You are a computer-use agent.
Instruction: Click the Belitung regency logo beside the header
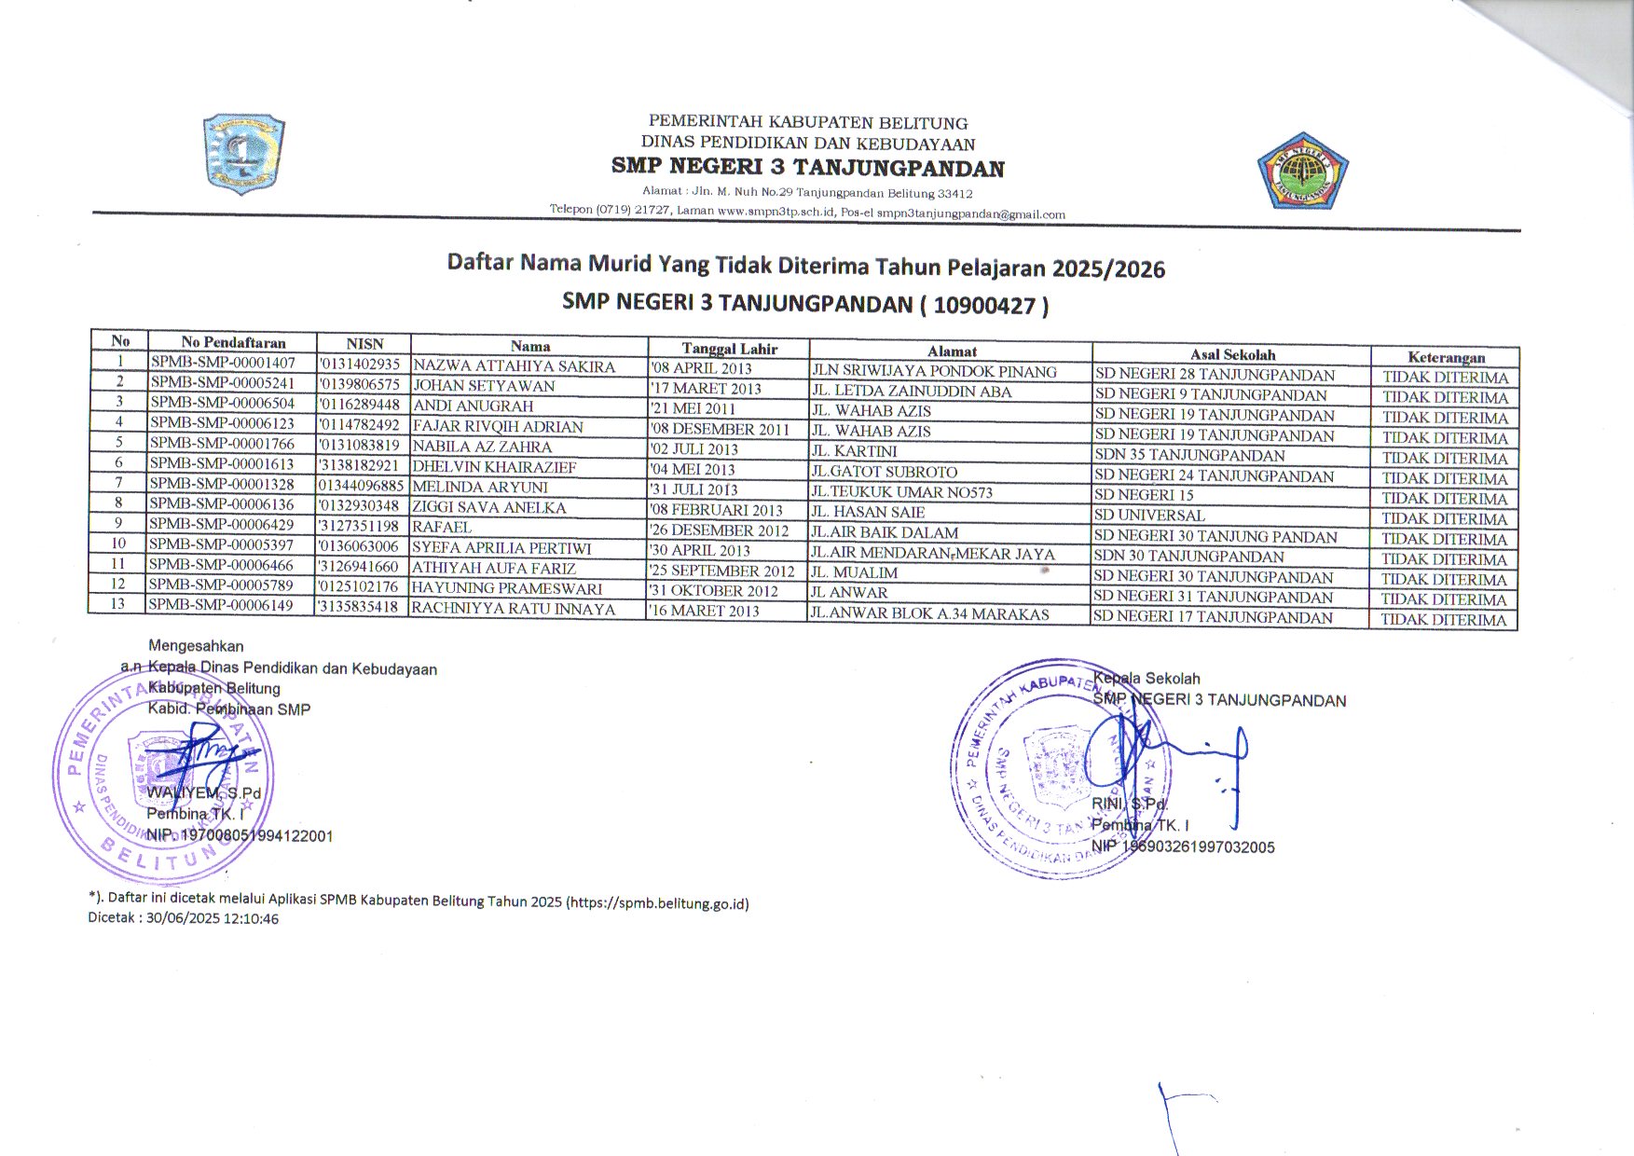point(244,155)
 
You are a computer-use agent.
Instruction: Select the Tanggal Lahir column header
point(729,349)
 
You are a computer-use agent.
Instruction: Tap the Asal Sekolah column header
point(1232,354)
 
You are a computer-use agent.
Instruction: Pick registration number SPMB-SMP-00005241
point(223,383)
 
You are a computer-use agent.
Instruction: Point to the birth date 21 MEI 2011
point(694,408)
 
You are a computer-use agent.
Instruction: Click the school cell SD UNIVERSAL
point(1149,516)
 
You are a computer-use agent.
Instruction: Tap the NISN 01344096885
point(361,486)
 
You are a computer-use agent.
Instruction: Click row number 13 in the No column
point(117,603)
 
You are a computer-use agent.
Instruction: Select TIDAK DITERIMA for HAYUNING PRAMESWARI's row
point(1444,599)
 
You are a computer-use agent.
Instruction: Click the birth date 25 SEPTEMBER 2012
point(723,571)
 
